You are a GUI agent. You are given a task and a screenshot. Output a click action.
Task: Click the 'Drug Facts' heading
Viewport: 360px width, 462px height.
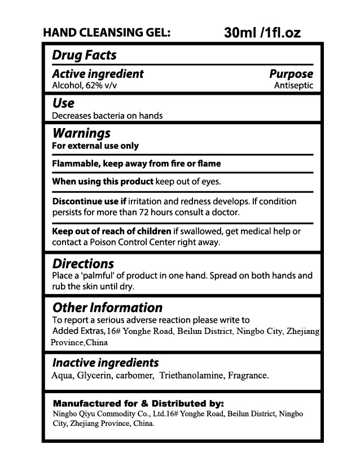(x=84, y=55)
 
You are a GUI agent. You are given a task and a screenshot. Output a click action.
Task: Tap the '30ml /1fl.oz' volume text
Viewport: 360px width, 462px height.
(x=262, y=33)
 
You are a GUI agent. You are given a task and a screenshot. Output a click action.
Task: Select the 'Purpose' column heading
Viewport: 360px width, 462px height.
(x=291, y=74)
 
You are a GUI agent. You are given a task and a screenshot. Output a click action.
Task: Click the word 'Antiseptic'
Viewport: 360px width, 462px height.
(x=293, y=86)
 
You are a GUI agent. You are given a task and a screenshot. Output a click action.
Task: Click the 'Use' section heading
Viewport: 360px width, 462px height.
(x=63, y=103)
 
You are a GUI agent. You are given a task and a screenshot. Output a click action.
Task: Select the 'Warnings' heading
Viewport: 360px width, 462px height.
(x=81, y=134)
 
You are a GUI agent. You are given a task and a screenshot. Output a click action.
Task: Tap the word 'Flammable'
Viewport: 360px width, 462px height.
(x=73, y=164)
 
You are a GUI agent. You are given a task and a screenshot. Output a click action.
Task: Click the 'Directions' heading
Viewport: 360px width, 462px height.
(x=83, y=263)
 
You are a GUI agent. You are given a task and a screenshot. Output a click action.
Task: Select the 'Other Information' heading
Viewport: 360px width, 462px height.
(x=107, y=307)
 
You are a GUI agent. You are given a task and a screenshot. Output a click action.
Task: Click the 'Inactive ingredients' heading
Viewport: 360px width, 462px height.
(x=106, y=363)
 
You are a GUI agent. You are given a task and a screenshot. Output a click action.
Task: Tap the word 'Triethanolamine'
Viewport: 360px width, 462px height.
(x=192, y=375)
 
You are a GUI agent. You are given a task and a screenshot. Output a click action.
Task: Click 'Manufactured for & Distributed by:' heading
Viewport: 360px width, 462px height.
(x=138, y=403)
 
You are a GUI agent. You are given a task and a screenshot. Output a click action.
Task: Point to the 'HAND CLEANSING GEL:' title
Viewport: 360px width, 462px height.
(x=107, y=33)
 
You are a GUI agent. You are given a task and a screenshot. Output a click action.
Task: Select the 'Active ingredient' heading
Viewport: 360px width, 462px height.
(x=98, y=74)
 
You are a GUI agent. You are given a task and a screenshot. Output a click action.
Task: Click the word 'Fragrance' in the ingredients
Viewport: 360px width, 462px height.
(x=248, y=375)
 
